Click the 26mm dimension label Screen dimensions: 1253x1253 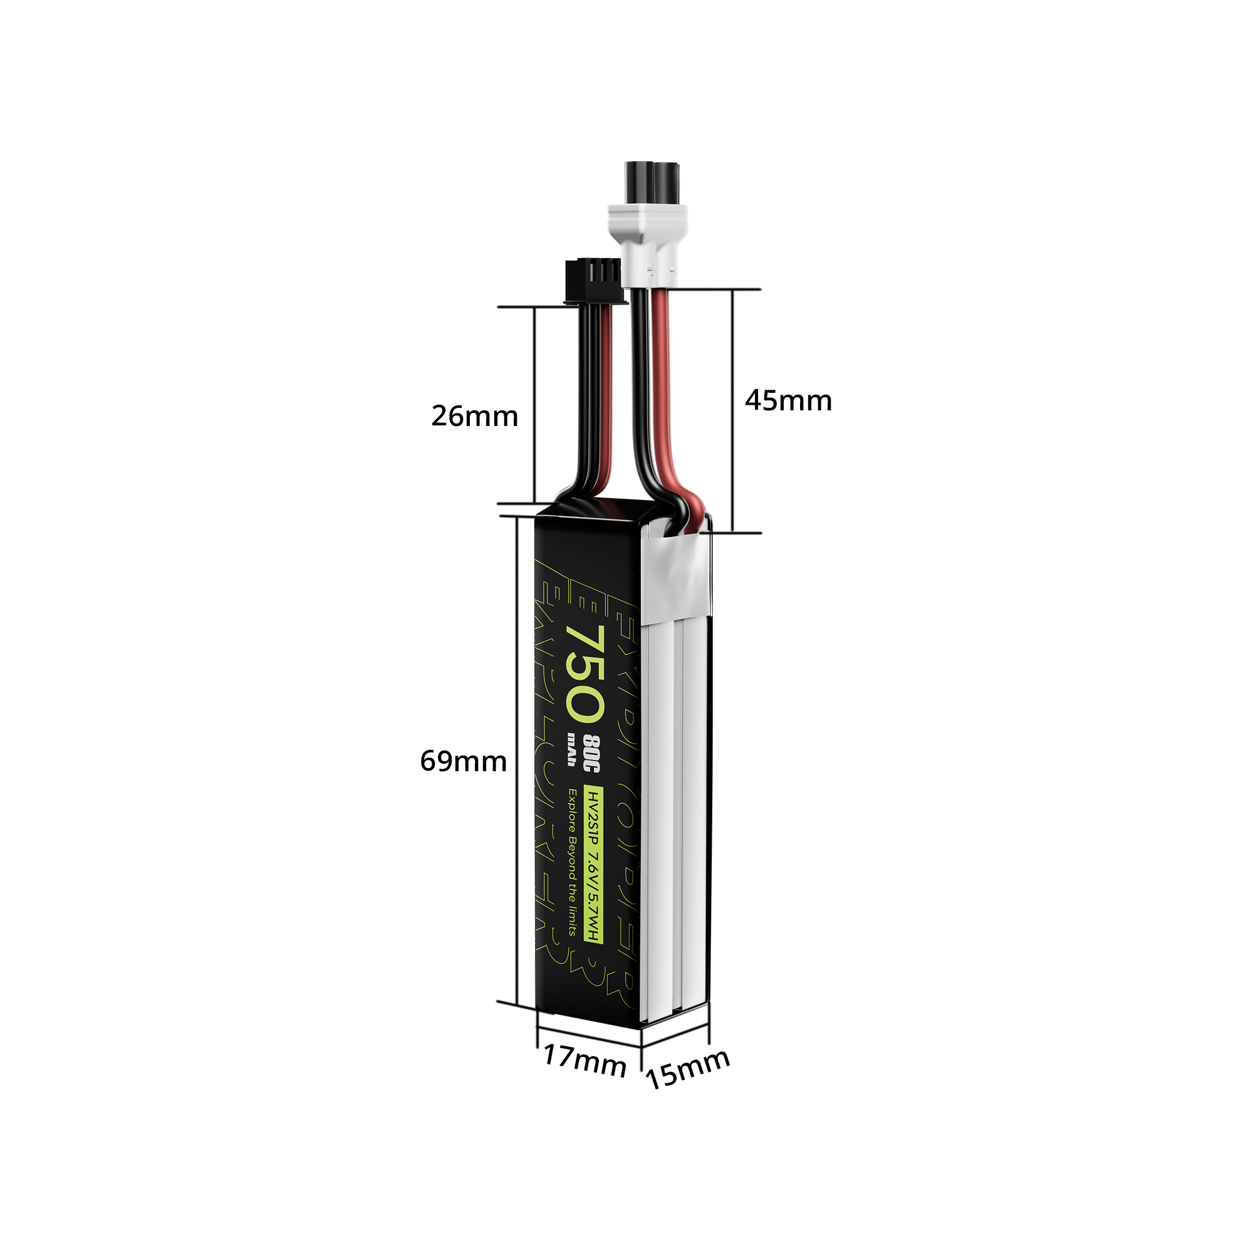point(475,417)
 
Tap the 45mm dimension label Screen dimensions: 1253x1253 point(788,401)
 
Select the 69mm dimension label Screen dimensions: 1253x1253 point(463,761)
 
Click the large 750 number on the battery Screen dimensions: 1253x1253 point(585,675)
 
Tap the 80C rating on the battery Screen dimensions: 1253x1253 point(591,754)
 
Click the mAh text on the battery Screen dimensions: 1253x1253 point(572,749)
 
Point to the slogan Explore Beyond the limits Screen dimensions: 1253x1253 point(573,862)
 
